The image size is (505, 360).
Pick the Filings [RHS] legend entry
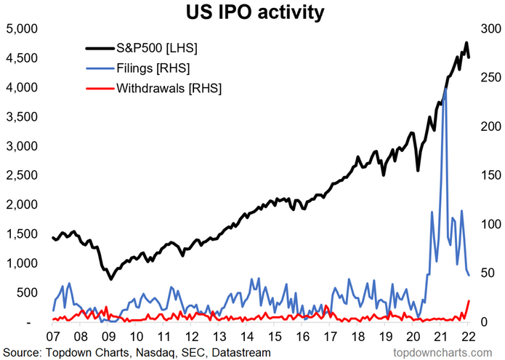(x=153, y=68)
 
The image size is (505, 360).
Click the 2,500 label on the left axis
(x=20, y=175)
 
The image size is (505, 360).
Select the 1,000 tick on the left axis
(x=20, y=263)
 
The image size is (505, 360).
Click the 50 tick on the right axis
(x=485, y=273)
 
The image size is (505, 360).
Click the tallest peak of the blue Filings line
(x=444, y=89)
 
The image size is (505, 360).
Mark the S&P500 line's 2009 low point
(x=110, y=279)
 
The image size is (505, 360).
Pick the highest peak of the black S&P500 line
(x=466, y=43)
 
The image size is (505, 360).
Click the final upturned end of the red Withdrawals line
(x=469, y=300)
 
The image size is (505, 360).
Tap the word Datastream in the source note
(x=239, y=352)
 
